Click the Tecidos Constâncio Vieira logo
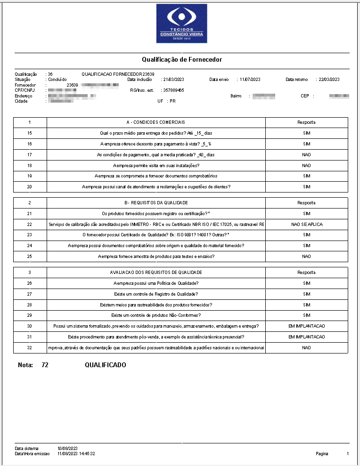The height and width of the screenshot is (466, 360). tap(181, 23)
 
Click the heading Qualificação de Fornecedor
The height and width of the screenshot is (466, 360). tap(181, 60)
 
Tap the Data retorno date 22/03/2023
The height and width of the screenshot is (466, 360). tap(329, 80)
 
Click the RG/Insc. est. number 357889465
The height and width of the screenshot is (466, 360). tap(173, 90)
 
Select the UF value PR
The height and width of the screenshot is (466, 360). tap(172, 101)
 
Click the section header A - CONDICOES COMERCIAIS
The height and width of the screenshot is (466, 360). tap(156, 122)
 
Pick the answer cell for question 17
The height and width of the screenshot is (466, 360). tap(307, 155)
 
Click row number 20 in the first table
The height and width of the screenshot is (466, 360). tap(30, 187)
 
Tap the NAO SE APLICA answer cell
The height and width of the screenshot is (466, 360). tap(307, 225)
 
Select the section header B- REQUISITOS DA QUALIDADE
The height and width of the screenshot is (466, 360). tap(156, 203)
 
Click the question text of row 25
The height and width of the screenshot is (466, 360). tap(156, 257)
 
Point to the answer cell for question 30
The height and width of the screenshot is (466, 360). tap(307, 326)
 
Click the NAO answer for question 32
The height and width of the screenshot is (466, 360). tap(307, 348)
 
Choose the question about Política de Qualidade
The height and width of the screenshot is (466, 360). tap(156, 283)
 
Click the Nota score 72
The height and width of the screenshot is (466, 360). tap(45, 365)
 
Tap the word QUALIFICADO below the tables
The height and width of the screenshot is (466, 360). tap(106, 365)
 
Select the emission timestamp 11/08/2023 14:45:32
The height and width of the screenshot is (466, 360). tap(76, 454)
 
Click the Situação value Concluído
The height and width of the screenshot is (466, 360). tap(57, 80)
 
